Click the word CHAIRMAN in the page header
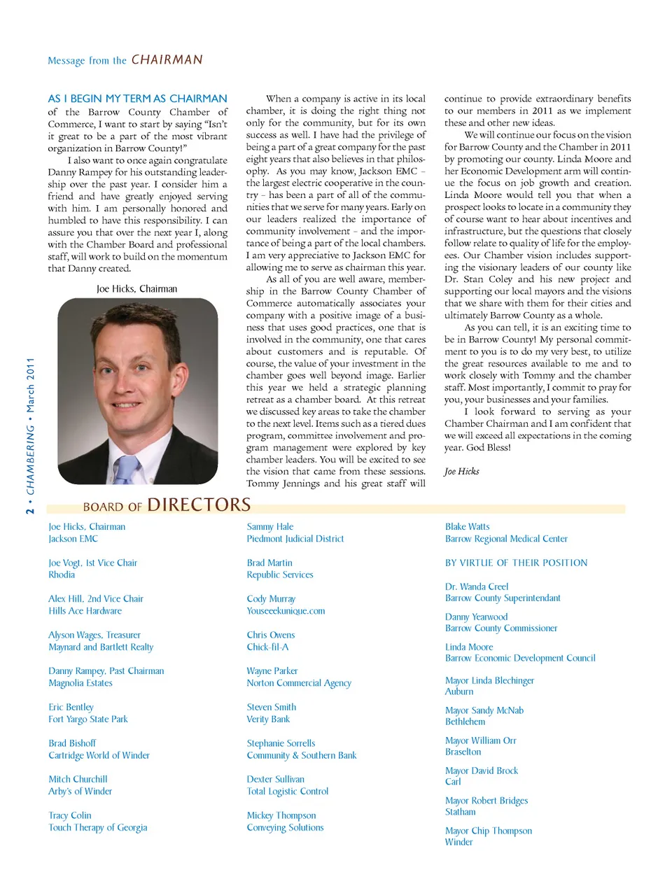pos(167,60)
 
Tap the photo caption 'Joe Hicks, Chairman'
pos(136,288)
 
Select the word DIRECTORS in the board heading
pos(199,505)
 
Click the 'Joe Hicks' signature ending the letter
pos(461,471)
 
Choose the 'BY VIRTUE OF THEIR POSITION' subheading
pos(516,563)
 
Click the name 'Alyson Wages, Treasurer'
pos(94,635)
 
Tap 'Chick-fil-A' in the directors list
pos(267,647)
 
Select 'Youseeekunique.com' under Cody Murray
pos(286,611)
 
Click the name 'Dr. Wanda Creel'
pos(477,586)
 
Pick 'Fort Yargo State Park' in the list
pos(88,719)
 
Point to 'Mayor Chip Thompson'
pos(488,831)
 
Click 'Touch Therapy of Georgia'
pos(98,827)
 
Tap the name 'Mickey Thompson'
pos(281,815)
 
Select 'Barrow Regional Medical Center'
pos(506,539)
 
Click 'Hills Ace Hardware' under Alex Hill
pos(85,611)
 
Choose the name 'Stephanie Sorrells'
pos(281,743)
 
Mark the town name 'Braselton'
pos(463,752)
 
